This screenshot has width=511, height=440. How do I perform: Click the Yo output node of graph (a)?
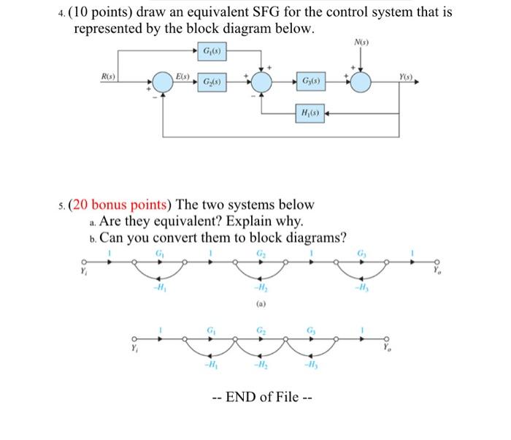(438, 264)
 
